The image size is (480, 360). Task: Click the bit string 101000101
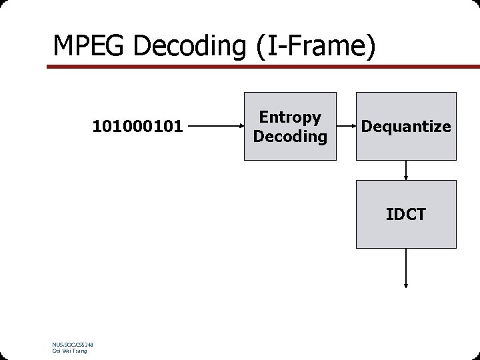point(137,126)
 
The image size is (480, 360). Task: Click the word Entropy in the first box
point(290,117)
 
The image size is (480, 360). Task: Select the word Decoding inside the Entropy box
point(290,137)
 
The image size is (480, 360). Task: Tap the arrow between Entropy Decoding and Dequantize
point(346,125)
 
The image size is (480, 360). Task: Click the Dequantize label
point(406,127)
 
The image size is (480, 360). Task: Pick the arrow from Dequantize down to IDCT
point(405,170)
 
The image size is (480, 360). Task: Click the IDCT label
point(405,214)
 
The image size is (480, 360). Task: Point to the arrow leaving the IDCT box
point(405,267)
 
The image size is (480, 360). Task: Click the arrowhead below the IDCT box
point(405,285)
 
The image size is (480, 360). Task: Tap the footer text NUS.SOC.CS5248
point(73,345)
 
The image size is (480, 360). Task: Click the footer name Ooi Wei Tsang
point(69,351)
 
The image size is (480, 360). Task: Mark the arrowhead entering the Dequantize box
point(353,125)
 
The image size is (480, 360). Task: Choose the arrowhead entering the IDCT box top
point(405,177)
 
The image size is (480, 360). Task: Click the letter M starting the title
point(62,46)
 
